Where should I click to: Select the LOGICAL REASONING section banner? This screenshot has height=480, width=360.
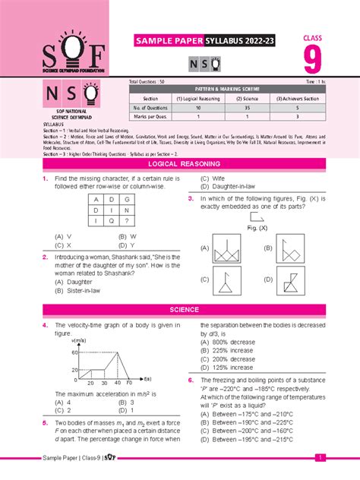pyautogui.click(x=180, y=163)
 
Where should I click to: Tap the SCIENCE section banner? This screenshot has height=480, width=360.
pyautogui.click(x=180, y=310)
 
